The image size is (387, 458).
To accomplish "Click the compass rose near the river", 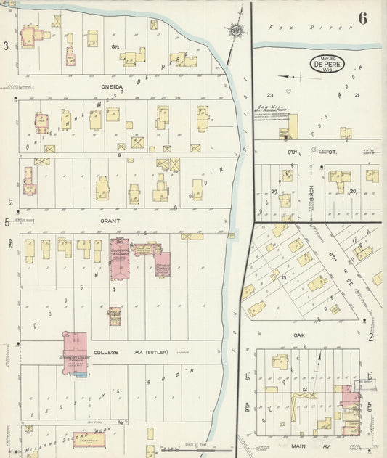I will pos(235,30).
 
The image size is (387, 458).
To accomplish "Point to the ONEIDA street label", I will pos(113,86).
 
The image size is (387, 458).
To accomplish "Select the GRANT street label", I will pos(111,219).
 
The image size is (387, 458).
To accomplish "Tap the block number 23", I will pos(269,95).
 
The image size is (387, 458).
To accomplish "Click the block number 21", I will pos(357,95).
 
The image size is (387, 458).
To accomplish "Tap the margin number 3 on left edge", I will pos(6,46).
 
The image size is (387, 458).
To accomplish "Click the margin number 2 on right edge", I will pos(370,337).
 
